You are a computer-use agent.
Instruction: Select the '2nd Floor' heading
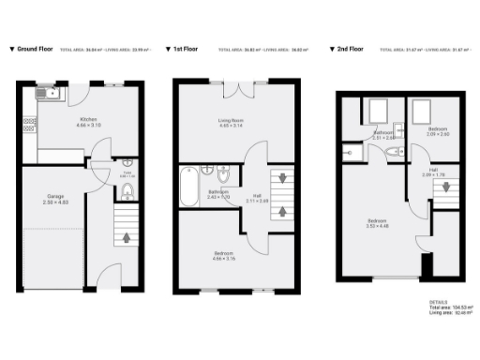click(350, 48)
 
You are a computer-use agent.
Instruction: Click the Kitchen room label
click(88, 120)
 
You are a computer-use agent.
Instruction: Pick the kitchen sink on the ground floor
click(47, 94)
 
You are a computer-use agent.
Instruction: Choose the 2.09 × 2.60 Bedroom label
click(437, 130)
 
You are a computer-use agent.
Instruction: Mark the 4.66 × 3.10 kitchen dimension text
click(88, 126)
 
